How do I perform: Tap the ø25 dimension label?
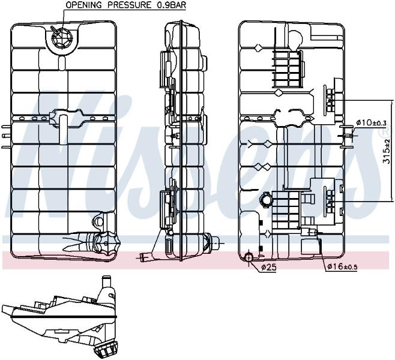(x=268, y=267)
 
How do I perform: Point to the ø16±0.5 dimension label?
(x=342, y=266)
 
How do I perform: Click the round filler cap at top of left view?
(x=62, y=38)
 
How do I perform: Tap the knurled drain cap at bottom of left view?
(x=107, y=244)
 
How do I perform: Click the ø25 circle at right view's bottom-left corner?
(x=249, y=257)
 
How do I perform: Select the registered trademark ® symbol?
(x=385, y=131)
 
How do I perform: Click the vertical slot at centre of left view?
(x=63, y=130)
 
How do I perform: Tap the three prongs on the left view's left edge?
(x=6, y=136)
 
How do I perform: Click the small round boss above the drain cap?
(x=98, y=221)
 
